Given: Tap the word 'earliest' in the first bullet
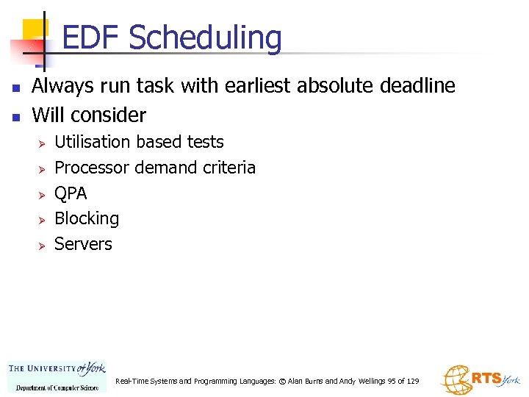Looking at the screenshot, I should pyautogui.click(x=253, y=86).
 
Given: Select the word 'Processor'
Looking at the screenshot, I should pyautogui.click(x=92, y=168).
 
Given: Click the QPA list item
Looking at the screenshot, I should pyautogui.click(x=71, y=193).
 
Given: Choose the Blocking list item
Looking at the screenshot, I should pyautogui.click(x=87, y=218).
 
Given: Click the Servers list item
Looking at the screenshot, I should pyautogui.click(x=83, y=244).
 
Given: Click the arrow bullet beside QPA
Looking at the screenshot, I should pyautogui.click(x=42, y=194).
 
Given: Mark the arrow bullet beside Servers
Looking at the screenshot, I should pyautogui.click(x=42, y=245).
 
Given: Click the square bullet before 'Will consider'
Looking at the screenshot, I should pyautogui.click(x=15, y=116).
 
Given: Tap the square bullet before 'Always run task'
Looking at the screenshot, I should pyautogui.click(x=15, y=87).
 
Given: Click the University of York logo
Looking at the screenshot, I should pyautogui.click(x=57, y=376).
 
